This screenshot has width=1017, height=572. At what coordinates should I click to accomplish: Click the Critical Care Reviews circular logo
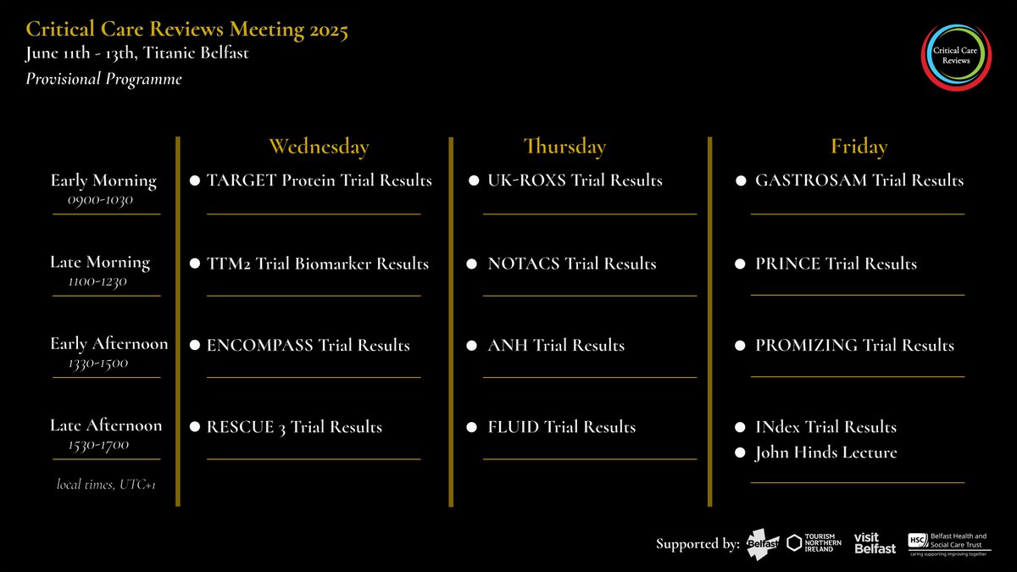click(956, 55)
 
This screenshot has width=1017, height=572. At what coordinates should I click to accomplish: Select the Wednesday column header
click(319, 147)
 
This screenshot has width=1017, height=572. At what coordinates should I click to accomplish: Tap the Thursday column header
click(564, 147)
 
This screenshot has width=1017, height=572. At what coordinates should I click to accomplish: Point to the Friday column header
click(859, 147)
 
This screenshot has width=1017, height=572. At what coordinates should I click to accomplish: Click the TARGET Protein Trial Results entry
click(319, 180)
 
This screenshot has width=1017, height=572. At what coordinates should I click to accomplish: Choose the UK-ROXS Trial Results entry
click(575, 180)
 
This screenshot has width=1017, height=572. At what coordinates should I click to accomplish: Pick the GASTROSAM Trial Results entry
click(859, 180)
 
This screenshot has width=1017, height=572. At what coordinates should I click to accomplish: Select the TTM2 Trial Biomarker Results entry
click(317, 264)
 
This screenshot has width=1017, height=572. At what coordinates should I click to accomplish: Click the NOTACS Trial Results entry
click(571, 264)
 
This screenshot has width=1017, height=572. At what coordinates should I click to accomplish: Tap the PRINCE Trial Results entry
click(836, 264)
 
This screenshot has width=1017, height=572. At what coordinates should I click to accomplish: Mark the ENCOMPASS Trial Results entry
click(308, 346)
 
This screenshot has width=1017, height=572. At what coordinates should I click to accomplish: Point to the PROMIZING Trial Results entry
click(854, 346)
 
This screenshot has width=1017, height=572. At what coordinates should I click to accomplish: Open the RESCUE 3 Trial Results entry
click(294, 427)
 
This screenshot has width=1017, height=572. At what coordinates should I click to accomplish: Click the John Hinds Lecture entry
click(825, 453)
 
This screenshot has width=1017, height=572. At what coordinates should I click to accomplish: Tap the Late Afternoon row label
click(106, 425)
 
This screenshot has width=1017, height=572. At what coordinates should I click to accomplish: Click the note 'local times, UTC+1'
click(106, 485)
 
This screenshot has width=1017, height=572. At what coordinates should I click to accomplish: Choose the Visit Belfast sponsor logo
click(874, 543)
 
